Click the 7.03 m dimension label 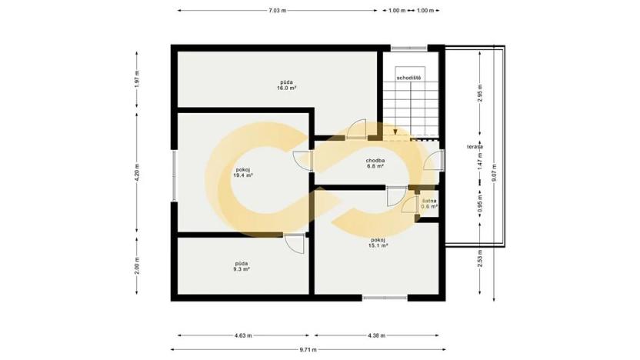(277, 11)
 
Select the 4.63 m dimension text (243, 336)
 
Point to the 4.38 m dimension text (377, 336)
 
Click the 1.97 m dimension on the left (137, 78)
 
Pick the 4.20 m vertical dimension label (137, 173)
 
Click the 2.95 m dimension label (478, 94)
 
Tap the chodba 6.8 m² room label (375, 163)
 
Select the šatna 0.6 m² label (429, 204)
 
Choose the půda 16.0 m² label (286, 85)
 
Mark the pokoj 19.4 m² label (242, 172)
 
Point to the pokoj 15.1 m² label (378, 243)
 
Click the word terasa (474, 146)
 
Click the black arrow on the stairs (395, 132)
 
